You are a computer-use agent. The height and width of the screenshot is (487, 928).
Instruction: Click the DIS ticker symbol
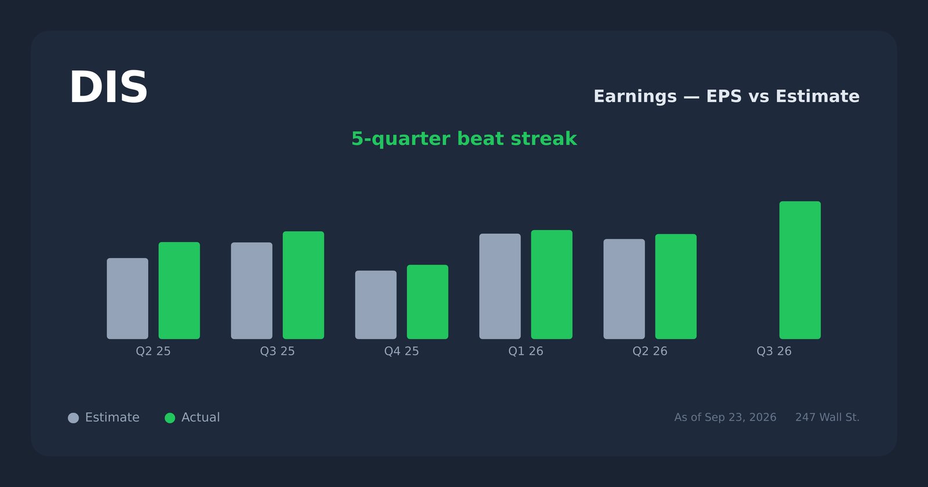click(x=108, y=88)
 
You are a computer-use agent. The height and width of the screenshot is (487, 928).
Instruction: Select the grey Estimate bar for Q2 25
click(x=128, y=299)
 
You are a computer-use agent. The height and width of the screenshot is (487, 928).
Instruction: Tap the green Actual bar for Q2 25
click(x=179, y=290)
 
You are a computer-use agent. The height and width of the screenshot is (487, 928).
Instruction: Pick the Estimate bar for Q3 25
click(x=252, y=290)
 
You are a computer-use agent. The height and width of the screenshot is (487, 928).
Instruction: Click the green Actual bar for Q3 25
click(x=304, y=285)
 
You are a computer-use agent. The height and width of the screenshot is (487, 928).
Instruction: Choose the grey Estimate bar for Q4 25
click(x=376, y=305)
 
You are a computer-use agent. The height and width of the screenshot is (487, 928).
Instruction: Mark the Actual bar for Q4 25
click(x=427, y=302)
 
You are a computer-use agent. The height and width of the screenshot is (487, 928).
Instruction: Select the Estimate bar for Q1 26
click(x=500, y=286)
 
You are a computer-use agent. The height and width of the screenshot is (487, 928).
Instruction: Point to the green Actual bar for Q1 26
click(x=552, y=285)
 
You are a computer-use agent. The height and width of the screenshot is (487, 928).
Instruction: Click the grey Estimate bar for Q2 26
click(x=624, y=289)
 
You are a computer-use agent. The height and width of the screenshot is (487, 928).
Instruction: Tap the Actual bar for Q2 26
click(x=676, y=286)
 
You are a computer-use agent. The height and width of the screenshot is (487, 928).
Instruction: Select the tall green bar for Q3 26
click(x=800, y=270)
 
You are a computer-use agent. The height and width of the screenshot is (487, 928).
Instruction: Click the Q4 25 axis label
click(x=401, y=351)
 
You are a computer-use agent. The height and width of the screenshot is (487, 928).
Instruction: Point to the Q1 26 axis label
click(x=525, y=351)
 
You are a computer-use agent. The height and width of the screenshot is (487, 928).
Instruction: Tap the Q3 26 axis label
click(x=774, y=351)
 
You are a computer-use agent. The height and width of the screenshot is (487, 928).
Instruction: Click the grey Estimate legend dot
click(x=73, y=418)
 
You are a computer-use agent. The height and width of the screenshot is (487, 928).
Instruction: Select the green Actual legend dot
click(x=170, y=418)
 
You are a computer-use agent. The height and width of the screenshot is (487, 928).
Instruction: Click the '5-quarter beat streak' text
click(x=464, y=139)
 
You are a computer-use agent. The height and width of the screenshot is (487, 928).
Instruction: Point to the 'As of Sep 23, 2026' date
click(x=725, y=417)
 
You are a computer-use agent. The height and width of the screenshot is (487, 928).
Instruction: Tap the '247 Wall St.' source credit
click(x=827, y=417)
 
